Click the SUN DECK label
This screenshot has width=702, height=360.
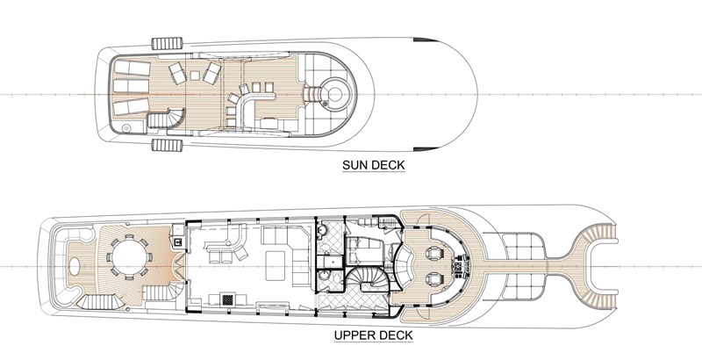[x=374, y=165]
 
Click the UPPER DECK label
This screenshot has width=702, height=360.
[x=374, y=335]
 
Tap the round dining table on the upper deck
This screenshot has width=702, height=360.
[x=129, y=258]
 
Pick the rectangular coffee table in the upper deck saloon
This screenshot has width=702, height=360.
[x=276, y=266]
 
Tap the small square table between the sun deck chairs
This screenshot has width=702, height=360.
[x=195, y=76]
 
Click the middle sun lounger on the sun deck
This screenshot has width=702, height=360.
[x=131, y=85]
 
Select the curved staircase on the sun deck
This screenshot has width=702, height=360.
[x=165, y=119]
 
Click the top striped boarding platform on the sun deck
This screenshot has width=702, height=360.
[x=167, y=43]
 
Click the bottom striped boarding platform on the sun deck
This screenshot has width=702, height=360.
[x=167, y=146]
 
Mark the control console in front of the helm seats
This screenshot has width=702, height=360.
[x=459, y=267]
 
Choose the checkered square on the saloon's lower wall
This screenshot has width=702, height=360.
[x=228, y=299]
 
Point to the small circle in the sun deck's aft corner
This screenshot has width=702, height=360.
[x=126, y=128]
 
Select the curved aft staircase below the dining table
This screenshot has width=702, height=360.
[x=97, y=302]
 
